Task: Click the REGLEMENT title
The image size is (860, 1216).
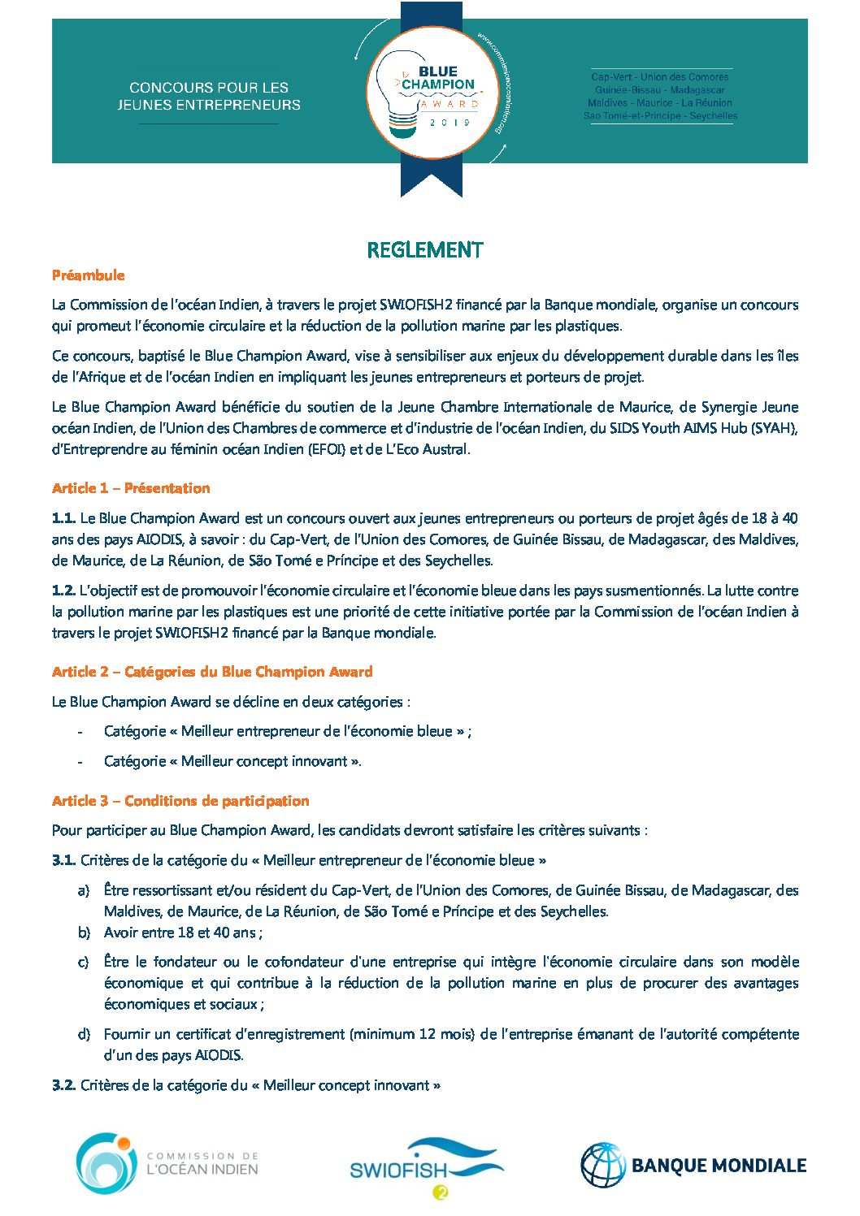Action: [424, 250]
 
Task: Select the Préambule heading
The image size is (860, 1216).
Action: [88, 275]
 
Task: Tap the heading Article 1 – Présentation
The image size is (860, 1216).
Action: [131, 488]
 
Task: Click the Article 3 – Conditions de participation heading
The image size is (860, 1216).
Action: [180, 801]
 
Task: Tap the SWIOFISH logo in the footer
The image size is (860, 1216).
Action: [425, 1168]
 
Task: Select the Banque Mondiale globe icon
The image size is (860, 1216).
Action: [602, 1165]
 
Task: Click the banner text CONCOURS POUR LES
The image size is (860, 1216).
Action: [209, 87]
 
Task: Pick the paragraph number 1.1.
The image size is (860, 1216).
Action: [63, 518]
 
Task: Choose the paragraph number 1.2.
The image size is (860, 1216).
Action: [63, 591]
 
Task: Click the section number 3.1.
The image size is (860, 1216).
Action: [63, 860]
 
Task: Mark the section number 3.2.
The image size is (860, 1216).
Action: [63, 1085]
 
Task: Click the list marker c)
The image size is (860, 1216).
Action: [83, 963]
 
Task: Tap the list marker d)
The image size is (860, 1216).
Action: [83, 1034]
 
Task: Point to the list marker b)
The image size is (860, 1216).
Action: [83, 933]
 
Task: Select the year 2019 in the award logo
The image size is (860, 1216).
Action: [450, 123]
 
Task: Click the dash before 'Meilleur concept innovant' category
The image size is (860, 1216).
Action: [80, 762]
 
